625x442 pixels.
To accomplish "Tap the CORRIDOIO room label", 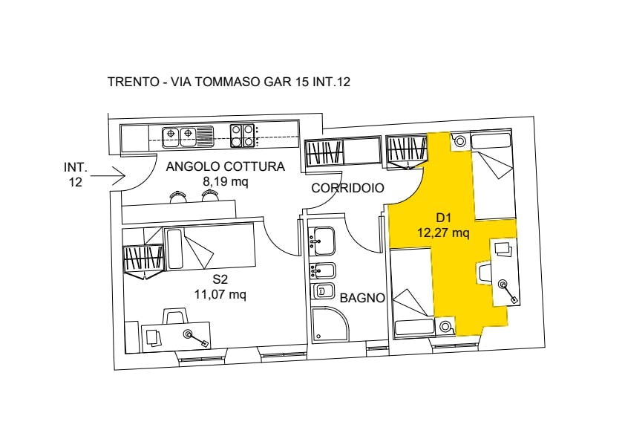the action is [x=347, y=188].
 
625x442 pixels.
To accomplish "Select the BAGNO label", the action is [x=362, y=298].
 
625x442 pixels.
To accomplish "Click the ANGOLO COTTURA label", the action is [x=225, y=166].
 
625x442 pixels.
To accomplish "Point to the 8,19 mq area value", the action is [x=226, y=182].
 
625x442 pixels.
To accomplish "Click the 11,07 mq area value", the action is [x=220, y=294].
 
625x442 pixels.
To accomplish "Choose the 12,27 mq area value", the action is [x=443, y=233].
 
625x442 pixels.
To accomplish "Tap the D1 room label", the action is [x=443, y=218].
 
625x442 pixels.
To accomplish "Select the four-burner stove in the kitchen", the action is [x=242, y=136].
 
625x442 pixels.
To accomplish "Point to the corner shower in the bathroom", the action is [x=330, y=325].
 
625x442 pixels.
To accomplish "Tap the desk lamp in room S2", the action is [x=195, y=338].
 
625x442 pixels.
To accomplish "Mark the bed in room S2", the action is [x=209, y=247].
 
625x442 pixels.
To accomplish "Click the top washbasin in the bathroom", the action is [x=323, y=241].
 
